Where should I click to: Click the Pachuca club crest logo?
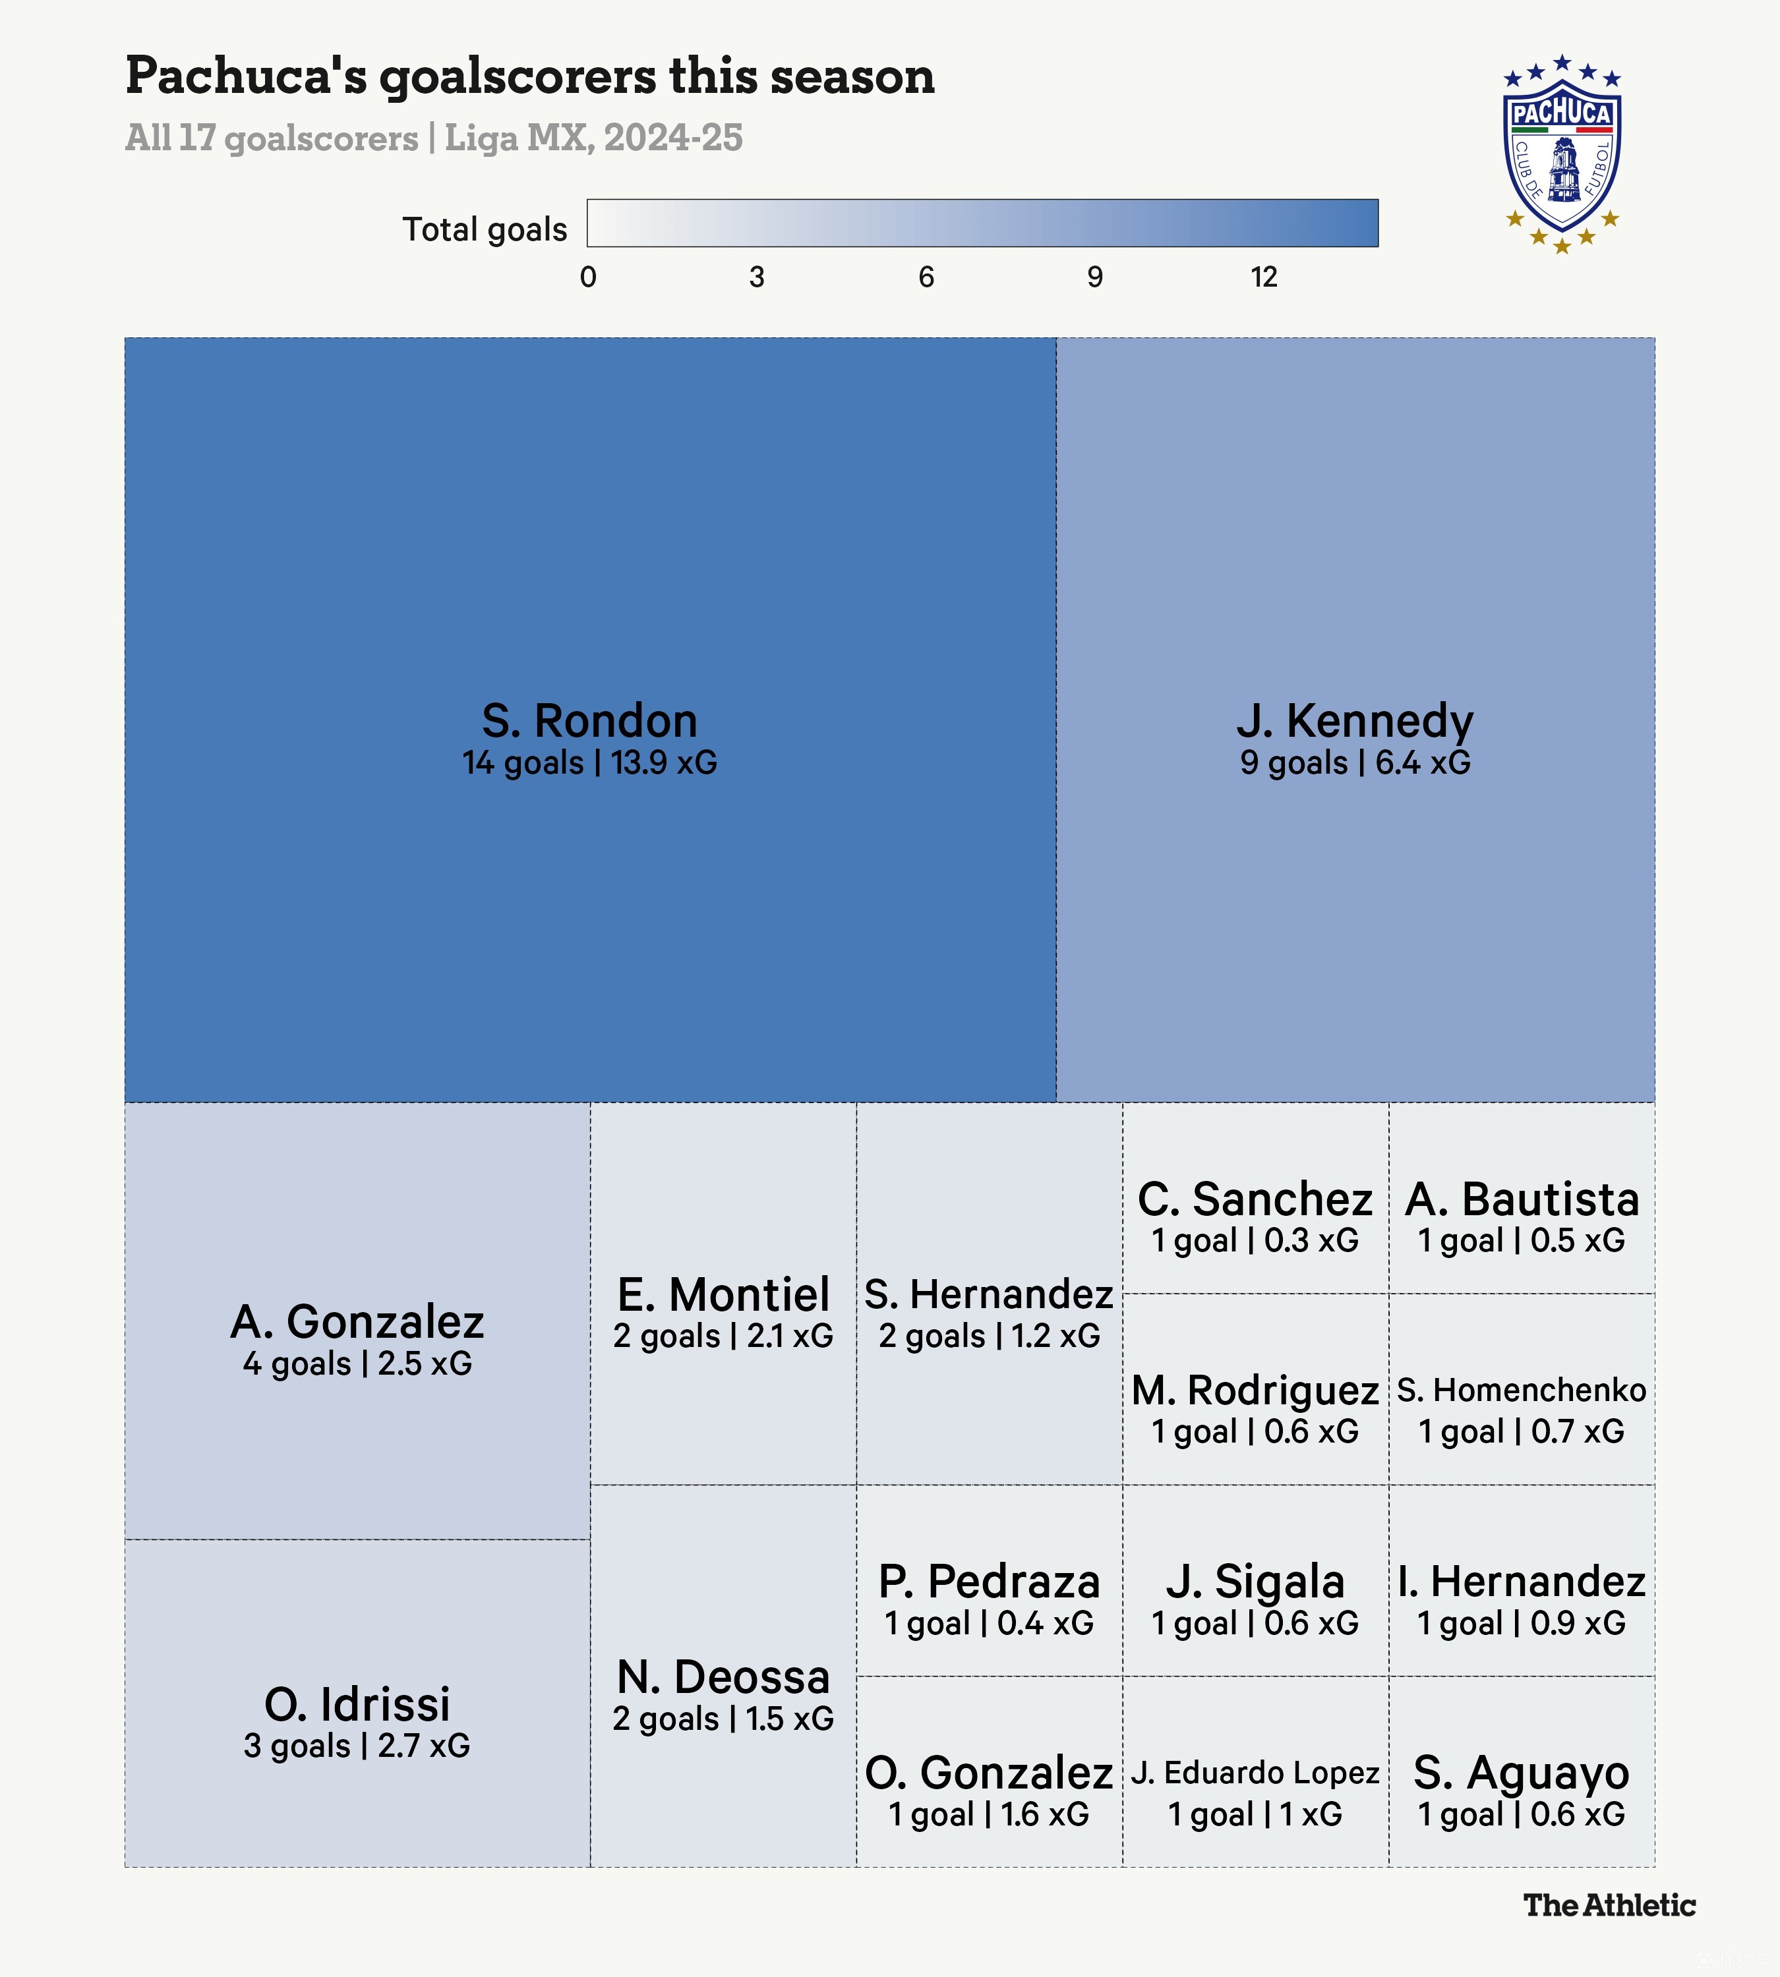(1562, 154)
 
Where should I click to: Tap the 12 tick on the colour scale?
(1264, 277)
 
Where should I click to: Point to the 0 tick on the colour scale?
(588, 277)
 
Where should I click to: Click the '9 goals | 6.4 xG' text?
(1355, 762)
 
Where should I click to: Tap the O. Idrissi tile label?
(357, 1704)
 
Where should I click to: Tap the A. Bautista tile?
(1521, 1199)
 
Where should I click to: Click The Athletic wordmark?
(1609, 1905)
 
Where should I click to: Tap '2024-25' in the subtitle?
(673, 138)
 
